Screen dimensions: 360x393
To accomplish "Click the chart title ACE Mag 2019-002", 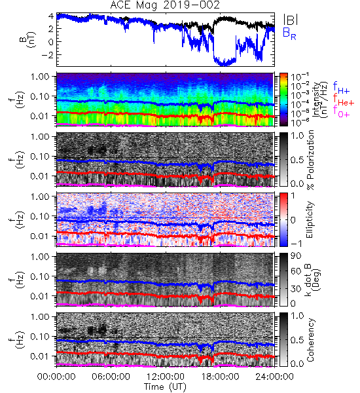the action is (x=165, y=5).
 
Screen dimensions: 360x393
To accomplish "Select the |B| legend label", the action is (x=291, y=19).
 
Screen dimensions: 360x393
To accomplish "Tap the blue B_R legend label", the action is (x=289, y=33).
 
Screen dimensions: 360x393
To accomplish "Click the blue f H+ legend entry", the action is (x=341, y=87).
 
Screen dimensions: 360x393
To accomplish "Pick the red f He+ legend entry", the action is (x=343, y=99).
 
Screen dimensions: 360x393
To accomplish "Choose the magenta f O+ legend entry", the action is (x=341, y=111).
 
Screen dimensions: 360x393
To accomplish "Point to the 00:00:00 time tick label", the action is (x=56, y=377).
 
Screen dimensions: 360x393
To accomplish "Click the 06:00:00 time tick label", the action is (x=111, y=377).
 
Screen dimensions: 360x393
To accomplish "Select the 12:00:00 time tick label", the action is (x=166, y=377).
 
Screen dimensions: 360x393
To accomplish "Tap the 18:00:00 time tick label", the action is (x=220, y=377).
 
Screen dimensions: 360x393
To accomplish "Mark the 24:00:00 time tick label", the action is (x=274, y=377).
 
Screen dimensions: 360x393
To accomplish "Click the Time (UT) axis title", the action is (x=165, y=386).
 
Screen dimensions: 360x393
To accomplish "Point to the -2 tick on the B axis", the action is (x=48, y=55).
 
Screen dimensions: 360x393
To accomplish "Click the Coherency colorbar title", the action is (x=311, y=340).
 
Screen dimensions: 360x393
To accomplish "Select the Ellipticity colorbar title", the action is (x=310, y=219).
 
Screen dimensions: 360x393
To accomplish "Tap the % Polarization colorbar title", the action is (x=311, y=160).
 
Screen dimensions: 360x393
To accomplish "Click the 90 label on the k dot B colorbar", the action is (x=296, y=255).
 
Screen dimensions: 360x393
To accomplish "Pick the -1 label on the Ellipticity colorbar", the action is (x=296, y=244).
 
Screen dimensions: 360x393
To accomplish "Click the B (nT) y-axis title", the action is (x=28, y=39).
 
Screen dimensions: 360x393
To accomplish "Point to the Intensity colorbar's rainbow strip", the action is (x=283, y=100).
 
